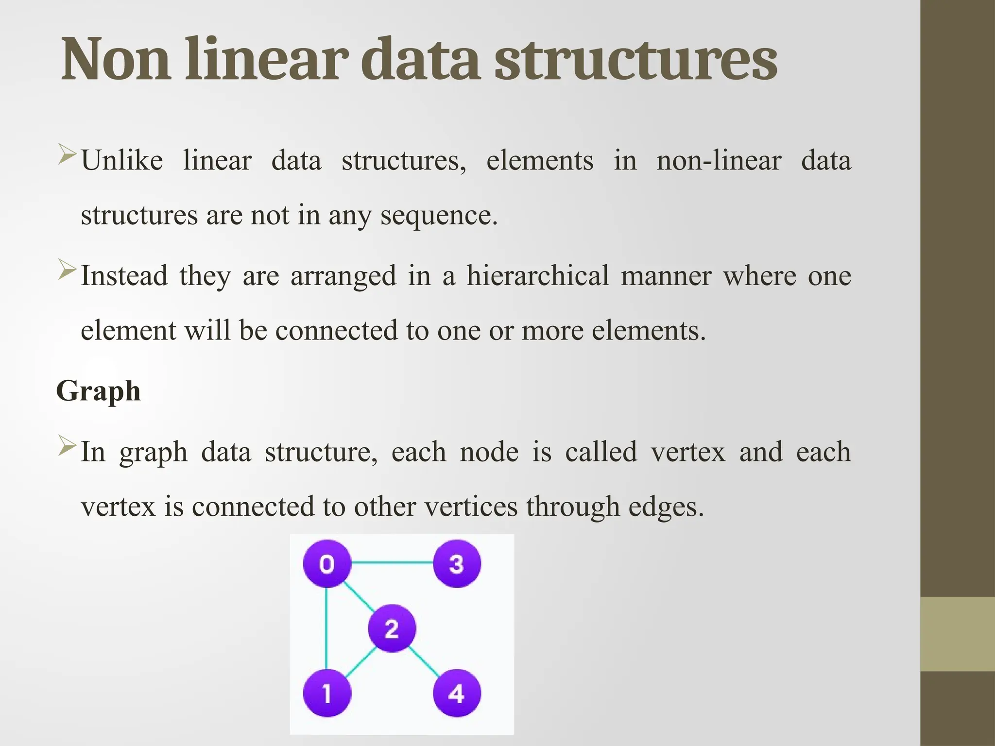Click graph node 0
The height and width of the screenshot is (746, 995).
327,563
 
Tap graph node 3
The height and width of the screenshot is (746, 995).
457,563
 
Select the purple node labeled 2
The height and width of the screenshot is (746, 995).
392,628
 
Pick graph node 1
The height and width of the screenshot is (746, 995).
327,693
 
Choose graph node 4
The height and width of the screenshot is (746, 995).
457,693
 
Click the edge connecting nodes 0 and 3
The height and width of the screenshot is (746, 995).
392,563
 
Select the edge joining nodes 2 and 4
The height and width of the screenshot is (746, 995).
424,661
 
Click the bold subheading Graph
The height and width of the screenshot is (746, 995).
99,390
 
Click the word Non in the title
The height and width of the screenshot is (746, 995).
116,59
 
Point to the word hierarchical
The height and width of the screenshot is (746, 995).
537,275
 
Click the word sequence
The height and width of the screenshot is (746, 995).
439,215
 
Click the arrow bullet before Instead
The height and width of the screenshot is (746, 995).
67,270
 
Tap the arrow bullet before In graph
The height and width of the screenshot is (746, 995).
67,445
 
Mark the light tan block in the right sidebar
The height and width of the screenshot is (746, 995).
958,634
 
